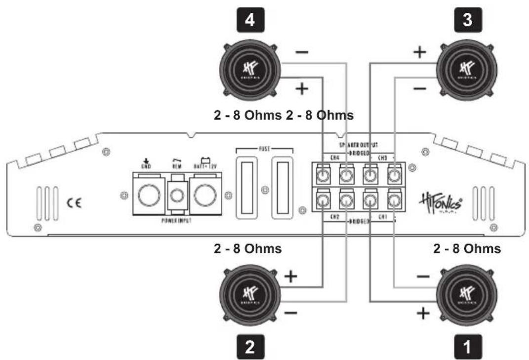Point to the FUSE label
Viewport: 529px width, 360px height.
(265, 147)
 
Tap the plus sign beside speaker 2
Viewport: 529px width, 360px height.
(292, 276)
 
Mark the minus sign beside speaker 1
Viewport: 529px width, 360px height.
(423, 277)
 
